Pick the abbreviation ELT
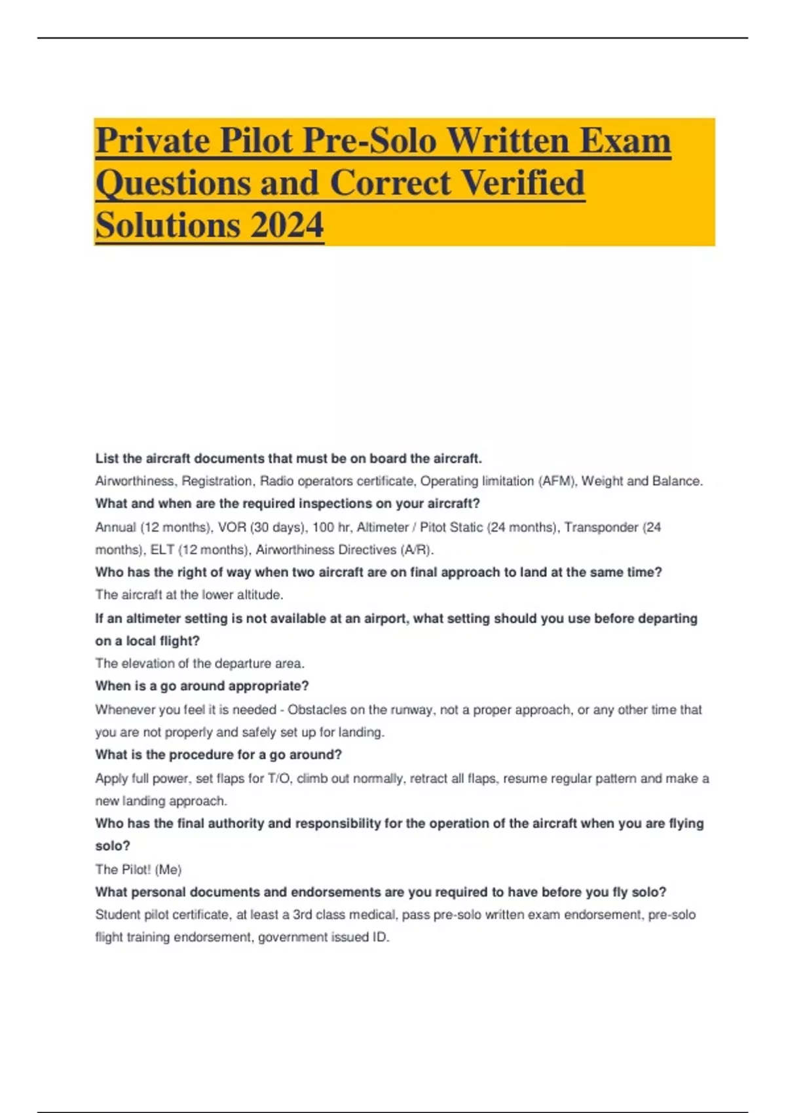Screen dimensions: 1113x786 162,550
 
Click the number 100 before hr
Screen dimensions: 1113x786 323,527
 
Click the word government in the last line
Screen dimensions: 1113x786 293,938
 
